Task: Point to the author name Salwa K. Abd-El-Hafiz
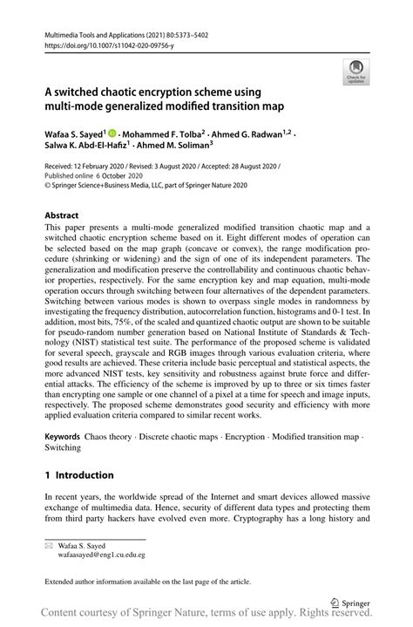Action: [82, 147]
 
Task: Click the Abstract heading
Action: [62, 214]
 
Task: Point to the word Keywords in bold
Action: [63, 434]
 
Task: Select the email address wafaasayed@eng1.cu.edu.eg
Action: [102, 555]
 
